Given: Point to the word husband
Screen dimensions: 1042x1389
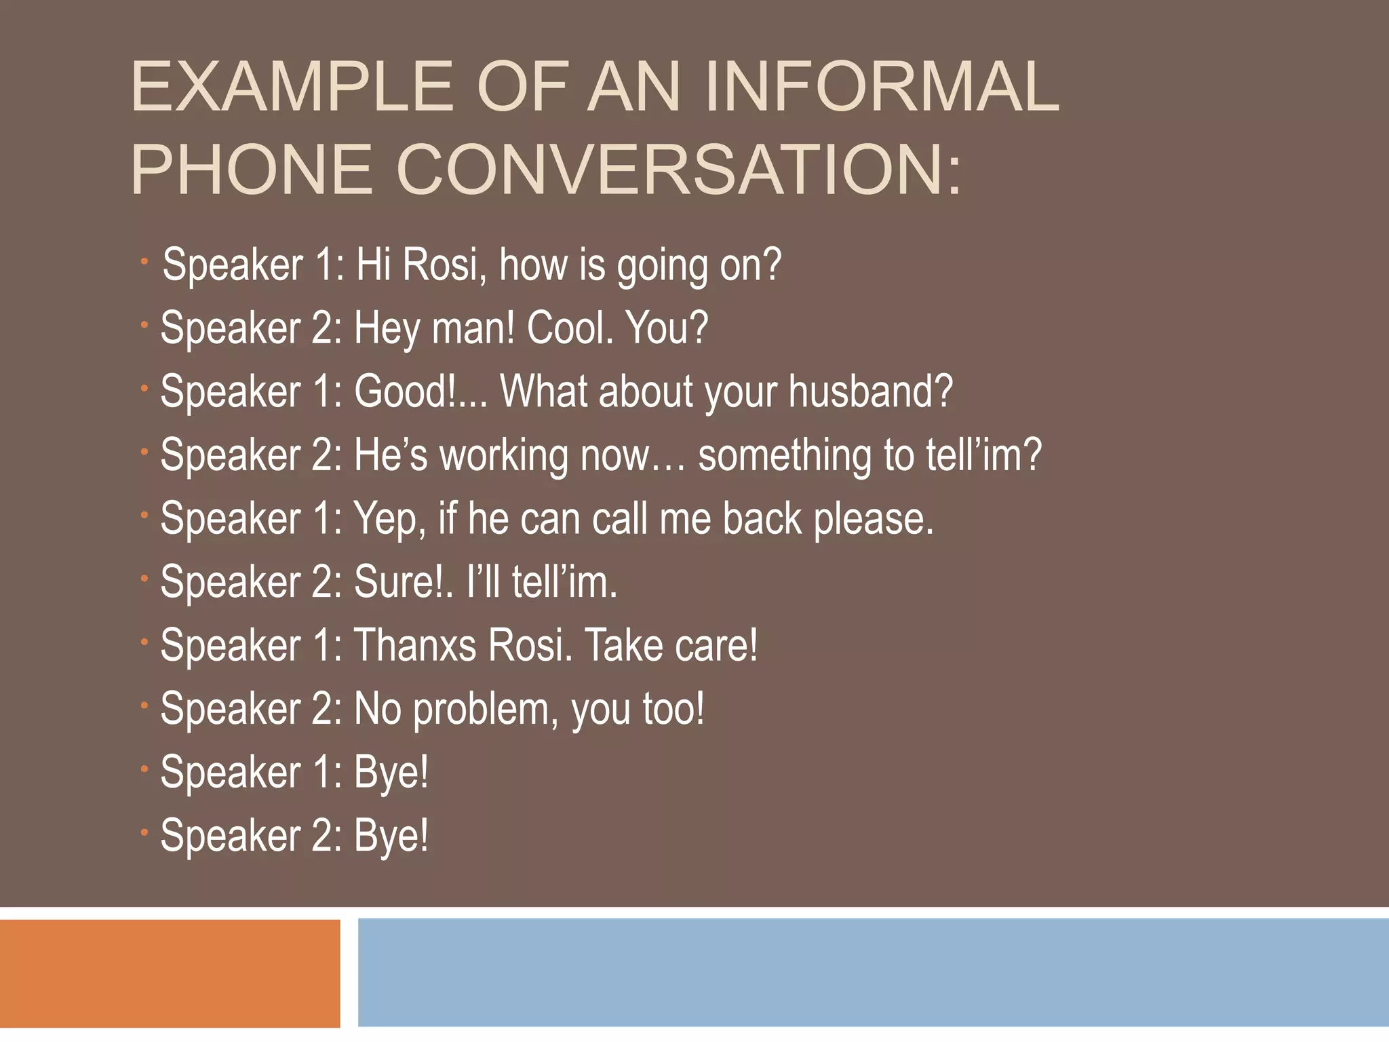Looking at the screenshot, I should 870,391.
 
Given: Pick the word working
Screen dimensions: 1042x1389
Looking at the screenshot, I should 503,456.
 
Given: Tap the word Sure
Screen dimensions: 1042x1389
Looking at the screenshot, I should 401,582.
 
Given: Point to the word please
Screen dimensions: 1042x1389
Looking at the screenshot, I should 874,520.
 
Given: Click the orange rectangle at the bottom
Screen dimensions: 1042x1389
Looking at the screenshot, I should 170,973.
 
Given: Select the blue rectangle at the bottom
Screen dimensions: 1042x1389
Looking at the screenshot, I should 872,973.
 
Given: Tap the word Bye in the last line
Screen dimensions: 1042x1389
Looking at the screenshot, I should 391,836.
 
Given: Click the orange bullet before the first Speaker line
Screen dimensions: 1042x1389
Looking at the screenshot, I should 144,262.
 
